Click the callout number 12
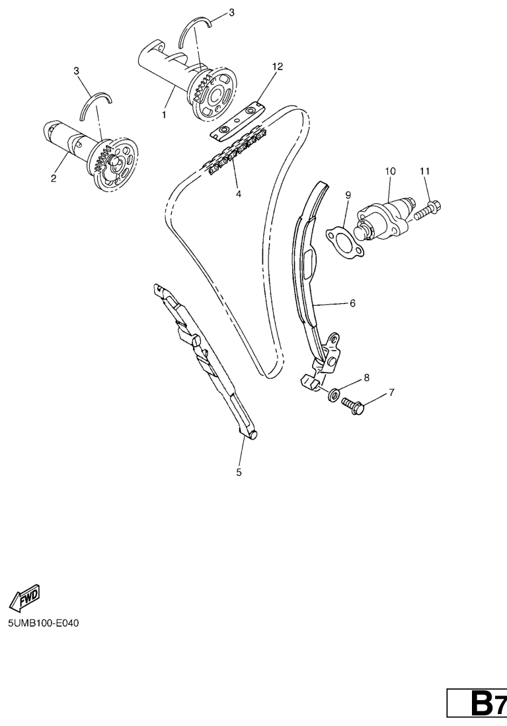pos(277,67)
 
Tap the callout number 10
pos(391,171)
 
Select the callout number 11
pos(424,171)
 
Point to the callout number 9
pos(348,195)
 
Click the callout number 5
pos(239,473)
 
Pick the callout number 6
pos(352,303)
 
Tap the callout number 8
pos(391,392)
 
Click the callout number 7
pos(367,378)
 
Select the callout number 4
pos(239,194)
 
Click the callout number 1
pos(164,114)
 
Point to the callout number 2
pos(53,178)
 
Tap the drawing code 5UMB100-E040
pos(43,623)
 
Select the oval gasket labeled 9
pos(345,242)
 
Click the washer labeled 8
pos(333,395)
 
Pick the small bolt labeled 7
pos(354,406)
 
